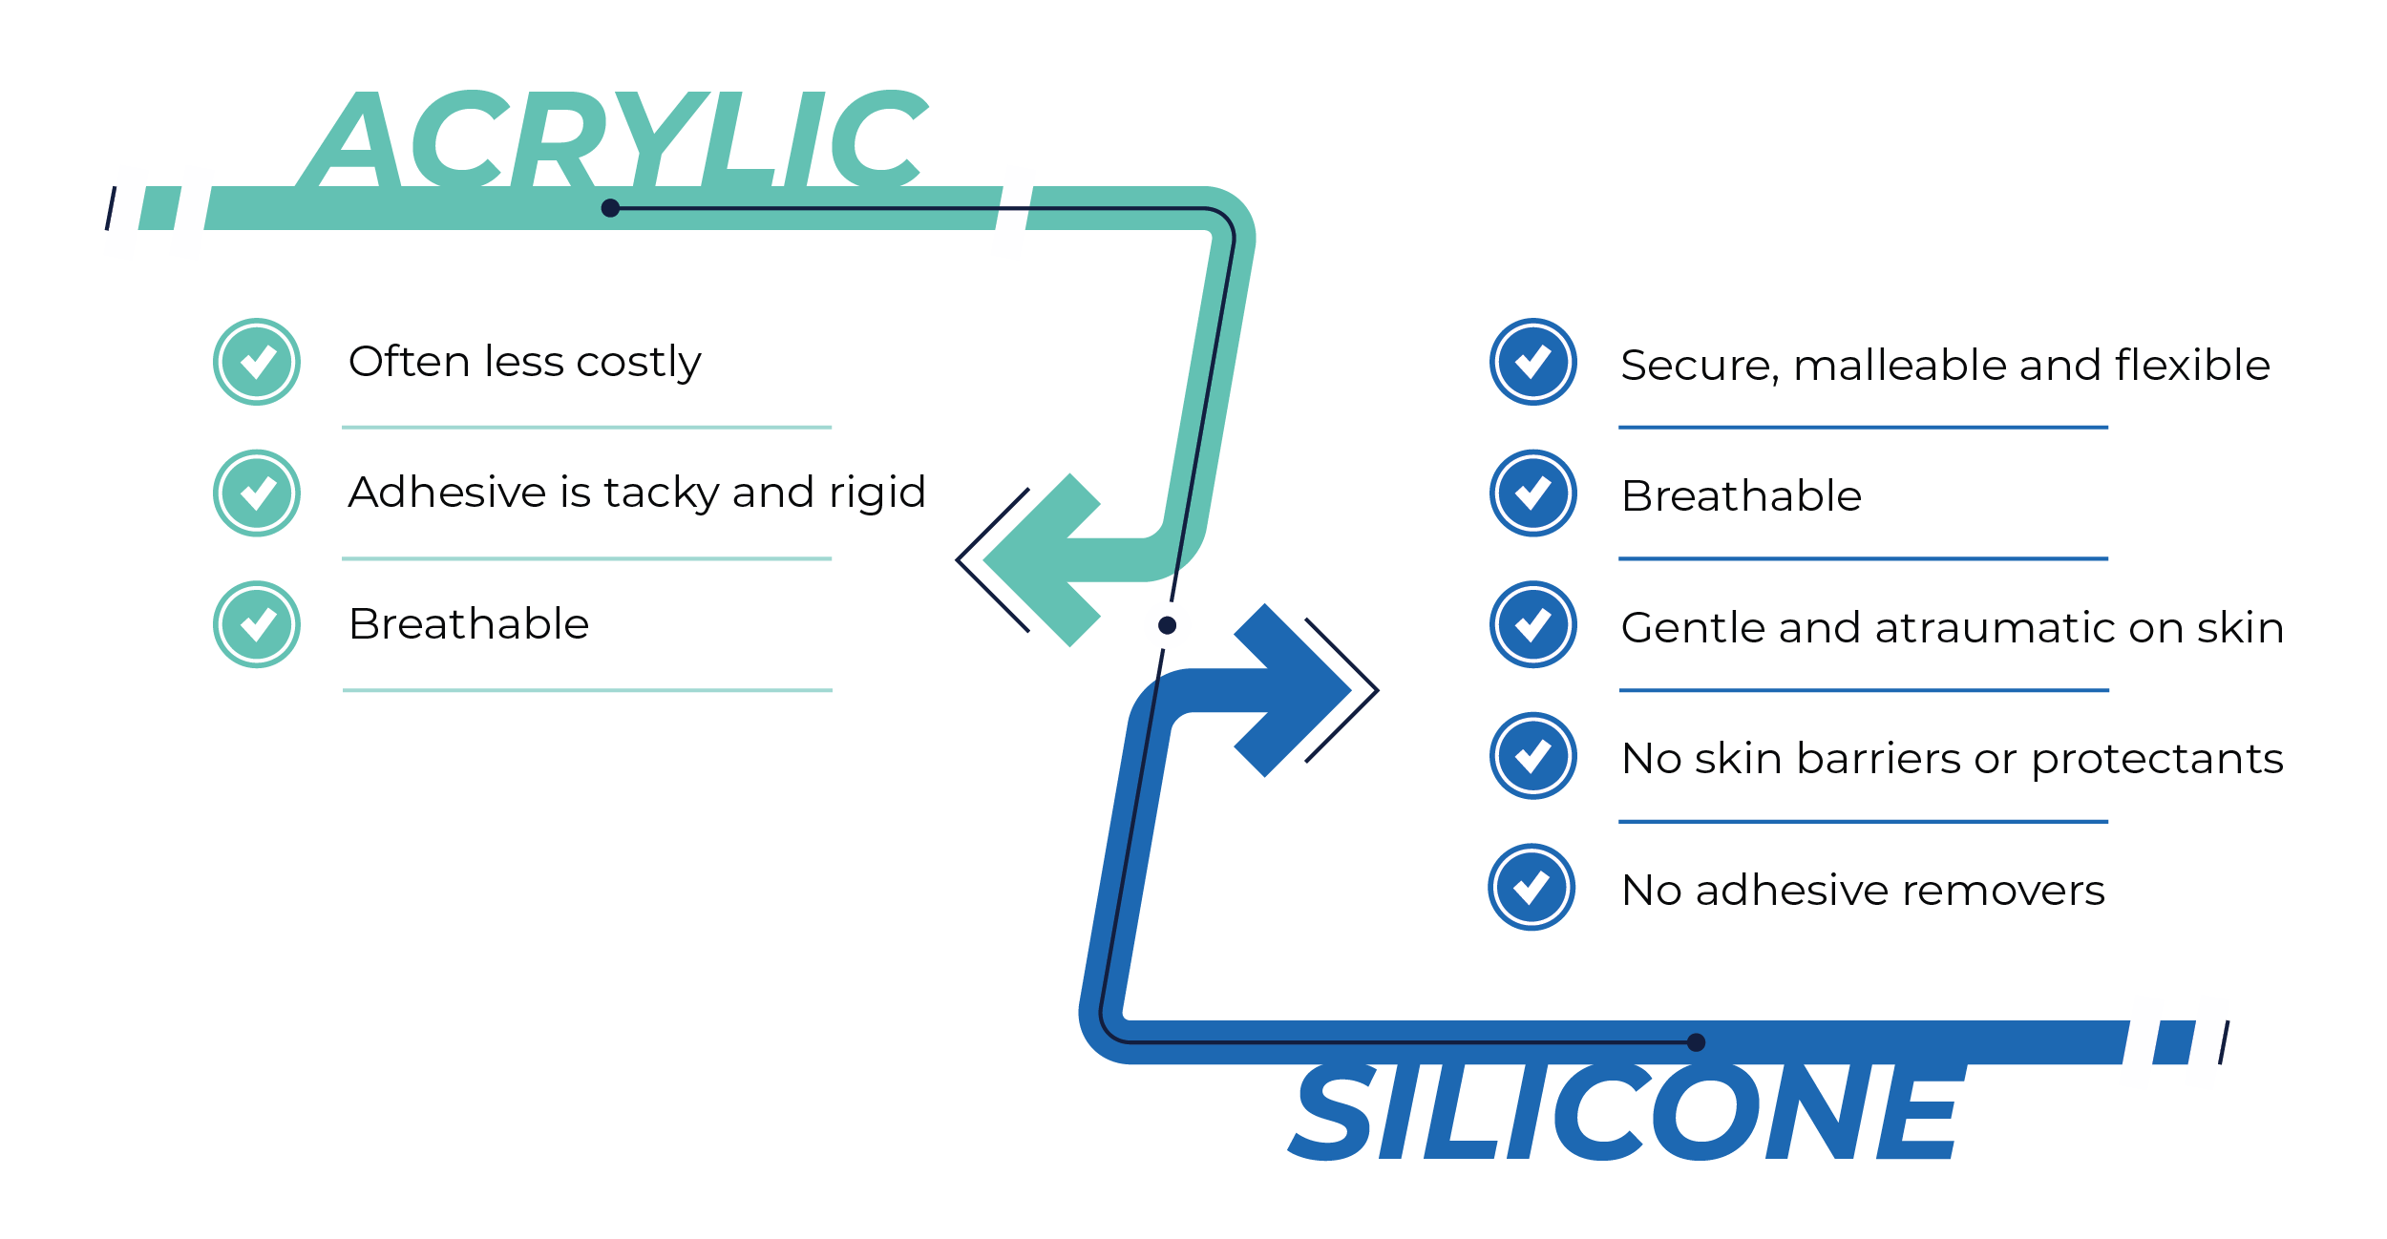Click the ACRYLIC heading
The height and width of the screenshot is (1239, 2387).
pos(612,138)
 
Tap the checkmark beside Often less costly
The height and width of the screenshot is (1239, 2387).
pos(257,362)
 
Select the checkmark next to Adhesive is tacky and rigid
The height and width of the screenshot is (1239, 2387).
pos(257,493)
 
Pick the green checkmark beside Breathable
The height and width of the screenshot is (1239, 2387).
pos(257,624)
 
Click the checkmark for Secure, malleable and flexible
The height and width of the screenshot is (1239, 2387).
pos(1533,362)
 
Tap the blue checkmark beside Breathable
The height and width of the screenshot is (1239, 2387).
pos(1533,493)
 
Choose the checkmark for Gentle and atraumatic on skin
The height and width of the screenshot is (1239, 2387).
pos(1533,624)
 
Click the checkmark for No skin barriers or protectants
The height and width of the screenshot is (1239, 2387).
pos(1533,756)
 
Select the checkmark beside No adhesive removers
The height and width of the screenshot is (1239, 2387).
pos(1531,887)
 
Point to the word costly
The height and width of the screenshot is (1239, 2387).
pos(639,364)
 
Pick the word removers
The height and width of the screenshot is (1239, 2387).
pos(2003,891)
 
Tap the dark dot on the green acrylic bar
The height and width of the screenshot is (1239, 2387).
pos(610,208)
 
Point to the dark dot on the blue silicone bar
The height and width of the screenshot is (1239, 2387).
pos(1696,1042)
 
